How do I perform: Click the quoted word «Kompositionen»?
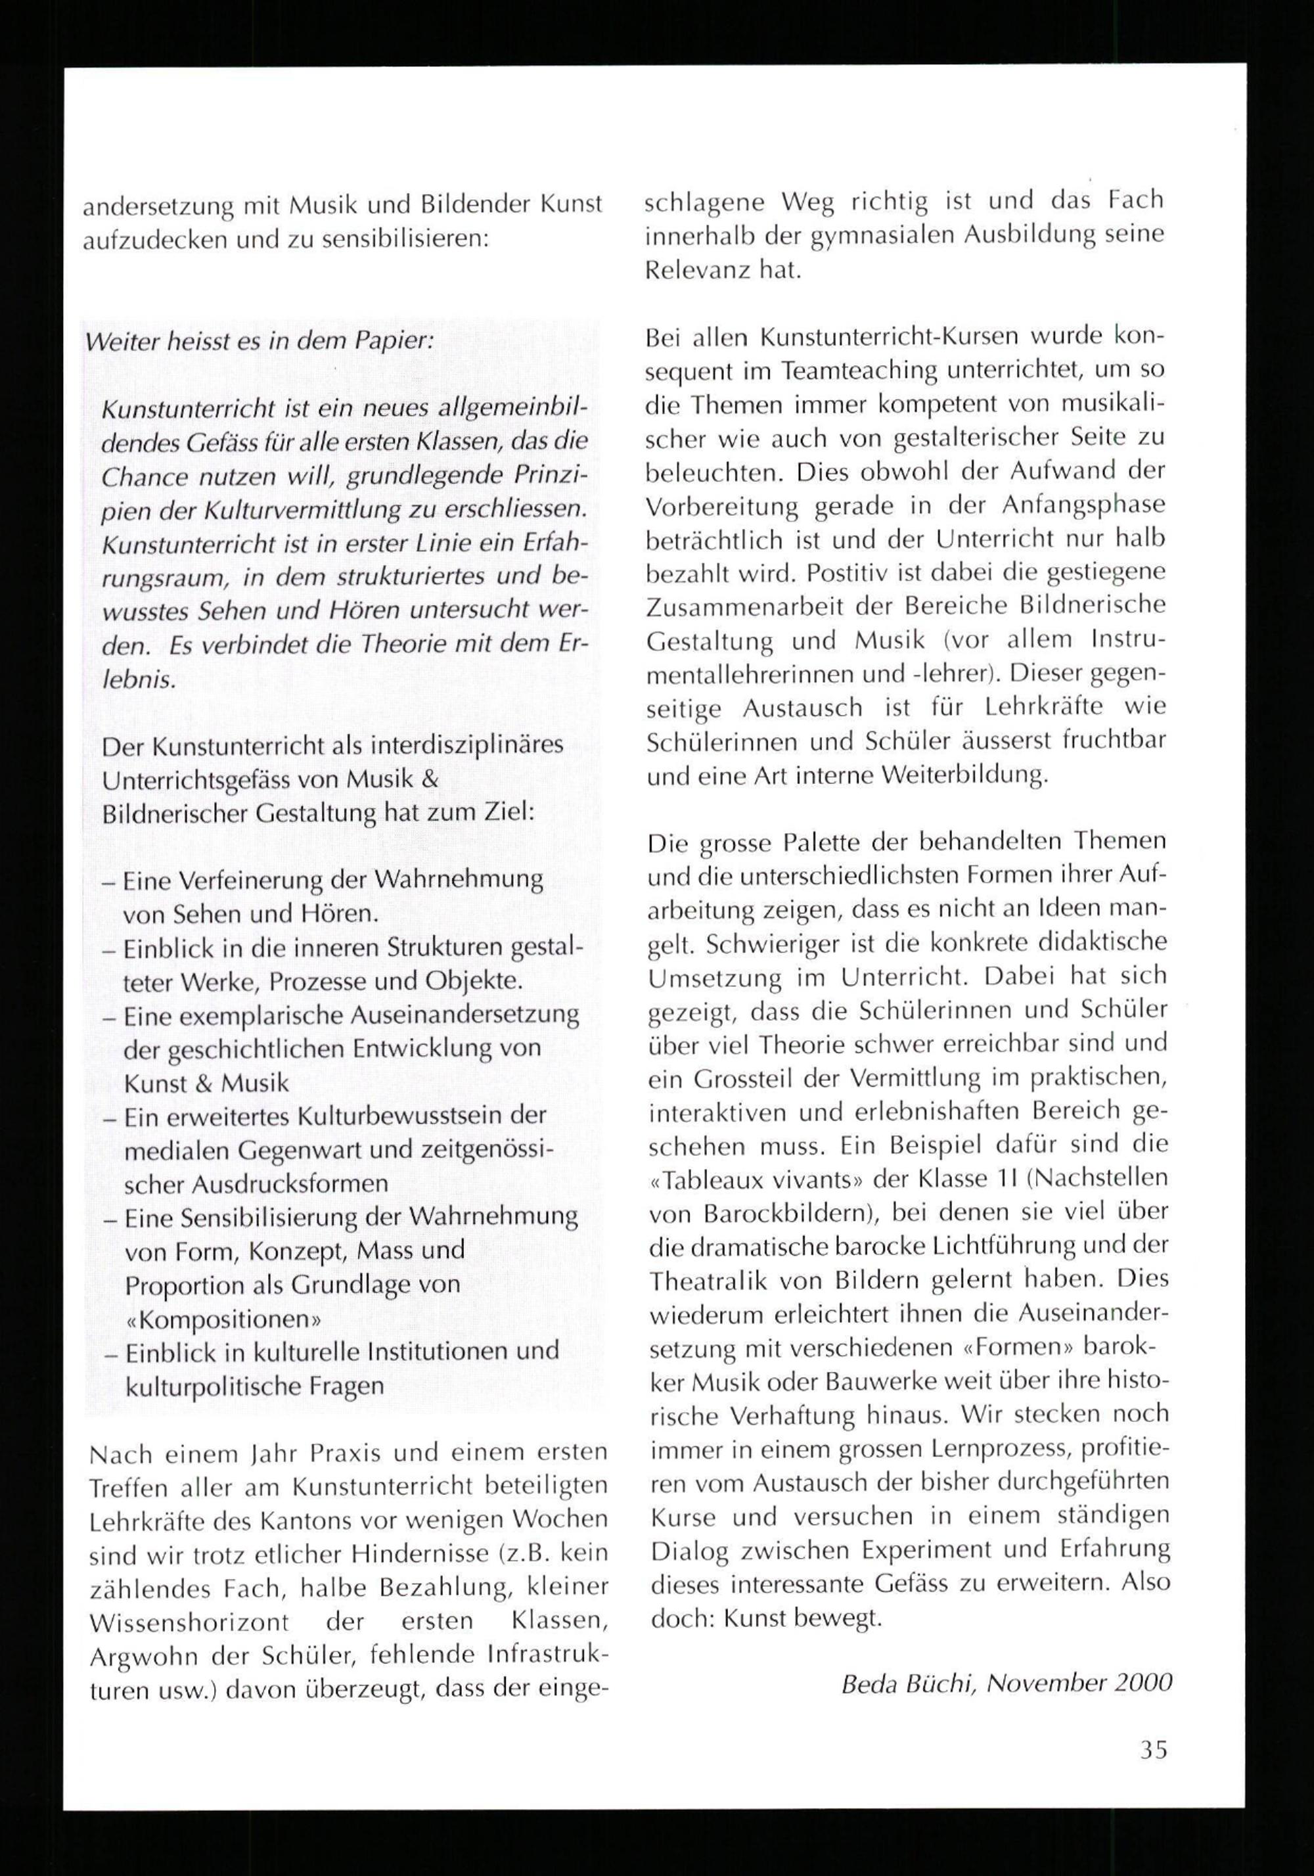pos(222,1319)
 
